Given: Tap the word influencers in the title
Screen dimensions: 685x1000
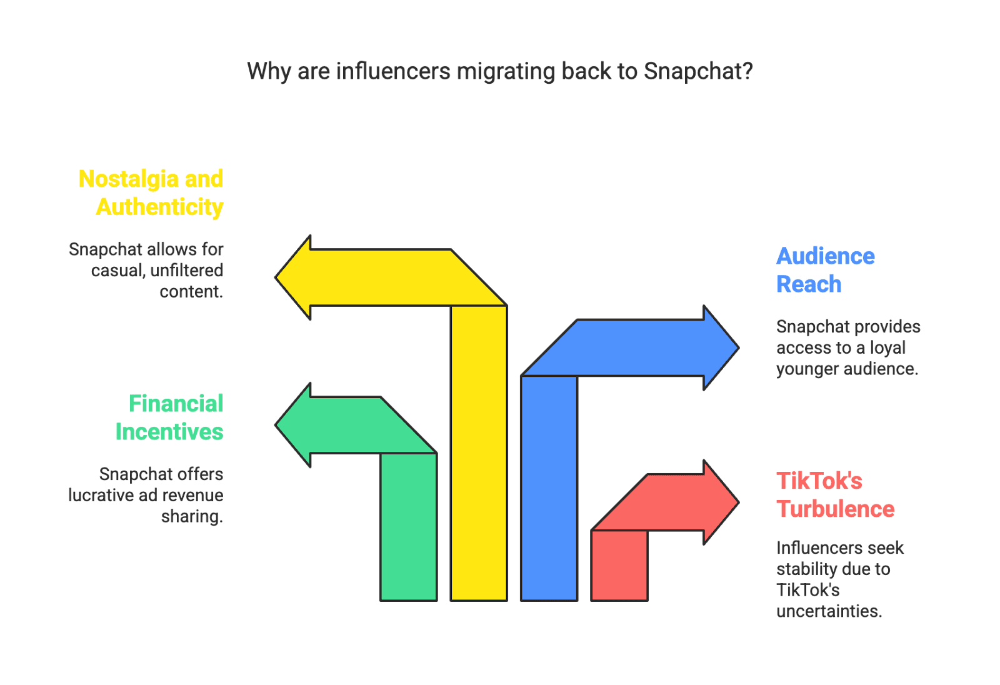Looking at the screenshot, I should (392, 72).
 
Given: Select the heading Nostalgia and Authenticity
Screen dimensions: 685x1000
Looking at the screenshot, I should (151, 192).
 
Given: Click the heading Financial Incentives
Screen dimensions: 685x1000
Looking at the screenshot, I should (169, 417).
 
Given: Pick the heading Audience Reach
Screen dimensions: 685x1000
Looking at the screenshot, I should (825, 270).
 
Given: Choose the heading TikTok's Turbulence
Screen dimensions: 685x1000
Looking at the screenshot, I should (835, 495).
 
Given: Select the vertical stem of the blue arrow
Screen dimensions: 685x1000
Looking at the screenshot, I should (549, 487).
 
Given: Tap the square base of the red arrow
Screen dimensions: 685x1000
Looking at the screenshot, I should (619, 565).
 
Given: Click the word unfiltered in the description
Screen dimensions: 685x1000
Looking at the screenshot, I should (186, 271).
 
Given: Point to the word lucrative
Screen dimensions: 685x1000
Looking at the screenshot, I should (101, 496).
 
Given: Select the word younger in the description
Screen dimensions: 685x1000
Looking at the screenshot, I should (807, 369).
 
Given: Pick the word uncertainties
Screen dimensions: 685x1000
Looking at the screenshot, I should (829, 611).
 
